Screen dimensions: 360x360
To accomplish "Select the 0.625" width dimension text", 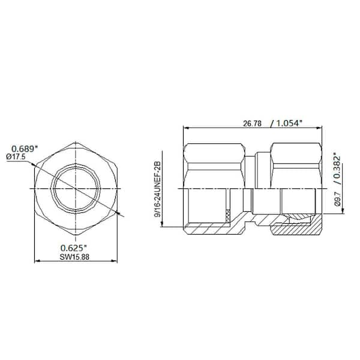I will tap(76, 248).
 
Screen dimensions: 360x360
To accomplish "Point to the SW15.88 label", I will tap(76, 256).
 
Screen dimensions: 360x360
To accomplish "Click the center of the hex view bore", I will tap(76, 189).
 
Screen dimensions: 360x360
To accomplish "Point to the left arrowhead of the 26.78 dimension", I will tap(185, 127).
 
